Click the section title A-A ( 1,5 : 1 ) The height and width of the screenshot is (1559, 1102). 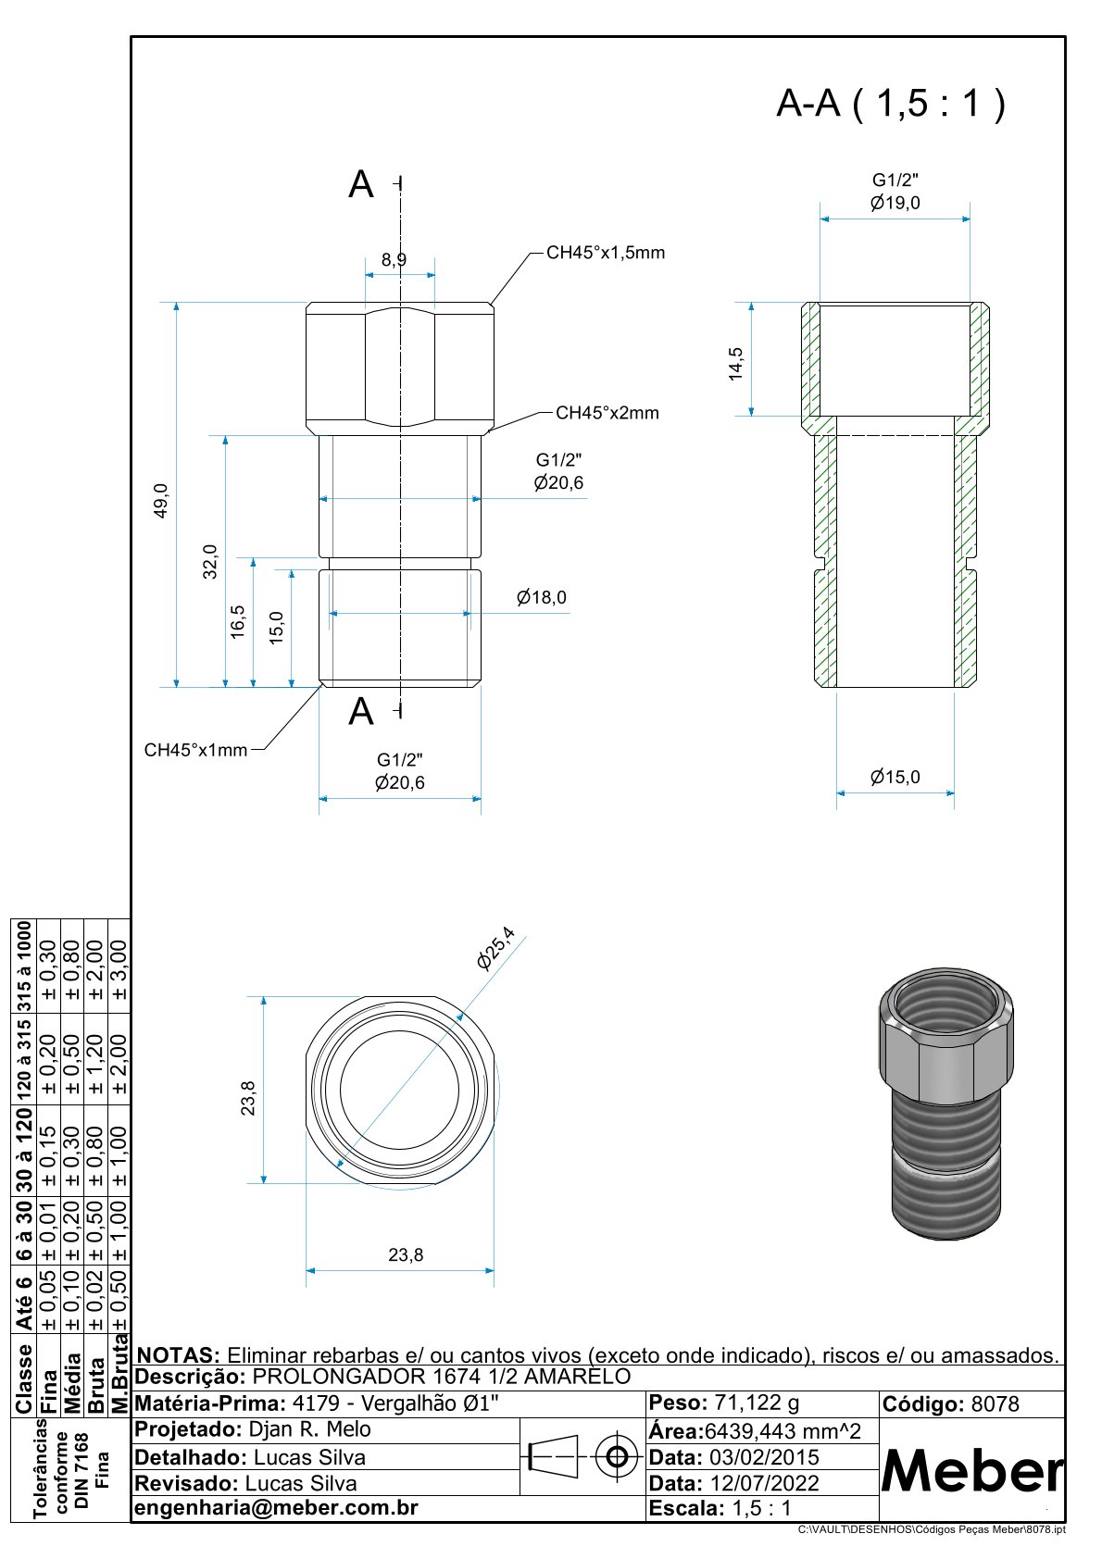(890, 103)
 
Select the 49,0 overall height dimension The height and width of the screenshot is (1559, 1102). (161, 500)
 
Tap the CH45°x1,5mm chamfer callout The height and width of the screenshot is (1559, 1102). (605, 253)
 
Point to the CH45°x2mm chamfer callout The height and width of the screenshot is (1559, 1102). (607, 413)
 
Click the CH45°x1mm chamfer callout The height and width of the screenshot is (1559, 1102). (195, 750)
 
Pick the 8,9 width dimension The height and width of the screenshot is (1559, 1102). (394, 260)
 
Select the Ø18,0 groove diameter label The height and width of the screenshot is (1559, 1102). (542, 598)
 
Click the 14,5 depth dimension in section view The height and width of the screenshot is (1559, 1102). (735, 364)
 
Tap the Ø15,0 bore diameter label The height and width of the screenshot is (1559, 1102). (895, 778)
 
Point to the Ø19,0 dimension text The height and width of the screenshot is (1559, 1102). (895, 204)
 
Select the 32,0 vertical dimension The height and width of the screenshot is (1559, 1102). (210, 561)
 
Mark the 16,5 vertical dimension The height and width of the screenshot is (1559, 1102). (238, 621)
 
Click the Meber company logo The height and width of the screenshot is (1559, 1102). (971, 1470)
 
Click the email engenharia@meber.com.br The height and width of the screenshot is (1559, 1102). (277, 1507)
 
